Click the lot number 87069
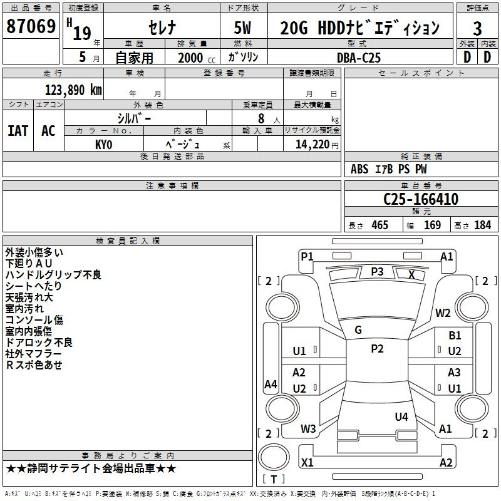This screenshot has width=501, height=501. pos(31,26)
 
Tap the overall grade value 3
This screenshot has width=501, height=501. pos(477,29)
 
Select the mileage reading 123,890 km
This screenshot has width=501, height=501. pos(73,90)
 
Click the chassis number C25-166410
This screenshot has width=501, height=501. pos(421,199)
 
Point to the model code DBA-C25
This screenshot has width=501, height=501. pos(359,58)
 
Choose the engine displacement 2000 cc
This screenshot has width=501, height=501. pos(197,58)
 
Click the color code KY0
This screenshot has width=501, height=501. pos(103,145)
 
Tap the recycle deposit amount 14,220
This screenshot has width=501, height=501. pos(312,145)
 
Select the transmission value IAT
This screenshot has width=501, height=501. pos(18,131)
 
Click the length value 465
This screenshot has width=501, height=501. pos(380,225)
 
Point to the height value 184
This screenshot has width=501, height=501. pos(482,225)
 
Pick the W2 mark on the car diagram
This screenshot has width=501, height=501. pos(443,312)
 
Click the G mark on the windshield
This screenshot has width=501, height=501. pos(358,330)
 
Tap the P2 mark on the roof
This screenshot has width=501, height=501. pos(377,349)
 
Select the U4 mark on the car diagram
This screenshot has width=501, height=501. pos(401,416)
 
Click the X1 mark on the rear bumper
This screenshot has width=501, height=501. pos(307,462)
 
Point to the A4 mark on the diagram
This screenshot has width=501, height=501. pos(271,384)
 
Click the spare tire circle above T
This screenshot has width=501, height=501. pos(274,457)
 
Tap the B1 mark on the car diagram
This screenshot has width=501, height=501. pos(455,336)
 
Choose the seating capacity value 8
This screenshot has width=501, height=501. pos(261,118)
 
